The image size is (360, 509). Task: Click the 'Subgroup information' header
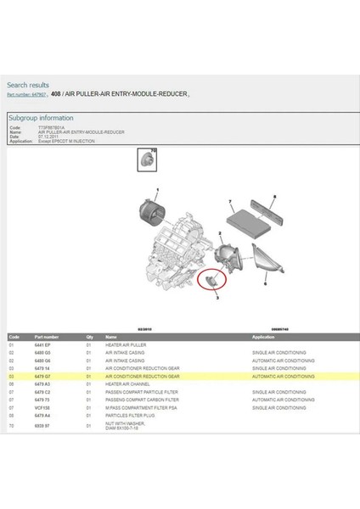click(x=40, y=118)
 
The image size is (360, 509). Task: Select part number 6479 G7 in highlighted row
click(x=42, y=376)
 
